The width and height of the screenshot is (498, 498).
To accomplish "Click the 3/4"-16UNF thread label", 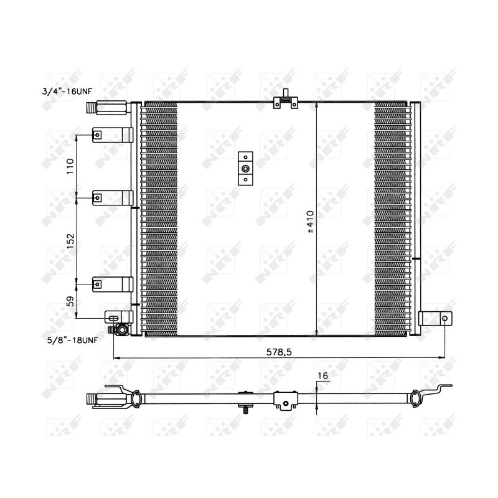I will point(68,91).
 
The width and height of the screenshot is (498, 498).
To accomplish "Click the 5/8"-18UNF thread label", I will point(73,340).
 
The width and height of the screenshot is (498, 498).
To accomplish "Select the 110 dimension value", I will point(70,166).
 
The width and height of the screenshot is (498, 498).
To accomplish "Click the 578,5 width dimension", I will point(280,352).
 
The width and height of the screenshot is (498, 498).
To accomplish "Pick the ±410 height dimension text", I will point(310,221).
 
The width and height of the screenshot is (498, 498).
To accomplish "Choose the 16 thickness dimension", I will point(322,375).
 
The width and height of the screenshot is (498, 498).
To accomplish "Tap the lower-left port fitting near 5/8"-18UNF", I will point(121,329).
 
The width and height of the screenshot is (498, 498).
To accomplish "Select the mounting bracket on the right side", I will point(435,318).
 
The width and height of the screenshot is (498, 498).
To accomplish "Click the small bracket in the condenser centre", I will point(246,169).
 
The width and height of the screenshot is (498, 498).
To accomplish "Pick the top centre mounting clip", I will point(285,101).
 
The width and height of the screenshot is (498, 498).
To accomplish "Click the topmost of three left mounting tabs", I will point(112,135).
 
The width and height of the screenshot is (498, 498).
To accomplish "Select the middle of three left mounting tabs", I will point(112,198).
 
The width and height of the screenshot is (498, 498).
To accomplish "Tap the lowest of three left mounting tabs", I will point(112,284).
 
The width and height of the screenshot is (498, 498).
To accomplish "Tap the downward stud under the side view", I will point(247,410).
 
